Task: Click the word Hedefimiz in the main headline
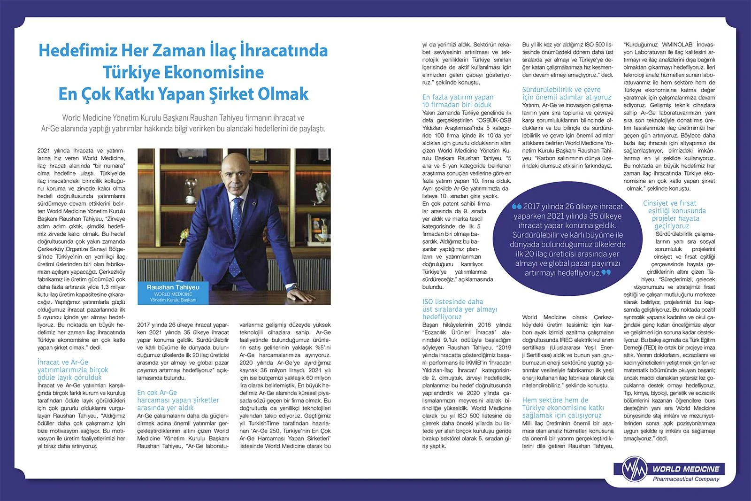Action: pos(70,51)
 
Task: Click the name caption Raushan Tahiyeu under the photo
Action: pos(173,287)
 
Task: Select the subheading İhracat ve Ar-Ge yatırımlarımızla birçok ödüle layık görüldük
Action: pos(72,370)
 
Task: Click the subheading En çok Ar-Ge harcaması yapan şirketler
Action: pos(178,400)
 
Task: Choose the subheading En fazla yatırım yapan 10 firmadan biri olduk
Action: pos(458,101)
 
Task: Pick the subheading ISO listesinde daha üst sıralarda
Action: pos(460,309)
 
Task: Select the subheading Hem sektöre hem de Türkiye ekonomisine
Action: pos(563,408)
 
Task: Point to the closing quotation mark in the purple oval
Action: pos(606,272)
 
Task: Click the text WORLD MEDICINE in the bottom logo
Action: pos(685,469)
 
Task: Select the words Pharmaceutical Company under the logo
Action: pos(686,479)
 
